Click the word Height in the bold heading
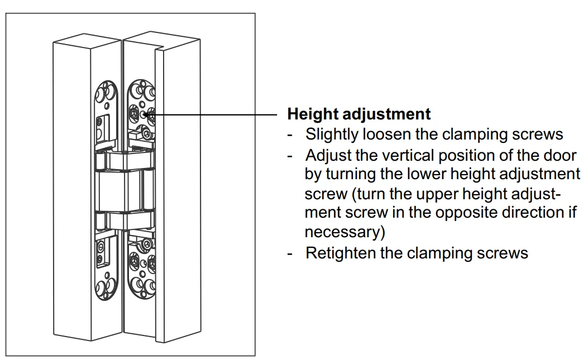[312, 114]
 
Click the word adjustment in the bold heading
[386, 114]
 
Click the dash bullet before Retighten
[290, 255]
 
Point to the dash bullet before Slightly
[290, 136]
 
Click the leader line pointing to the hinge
[213, 114]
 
